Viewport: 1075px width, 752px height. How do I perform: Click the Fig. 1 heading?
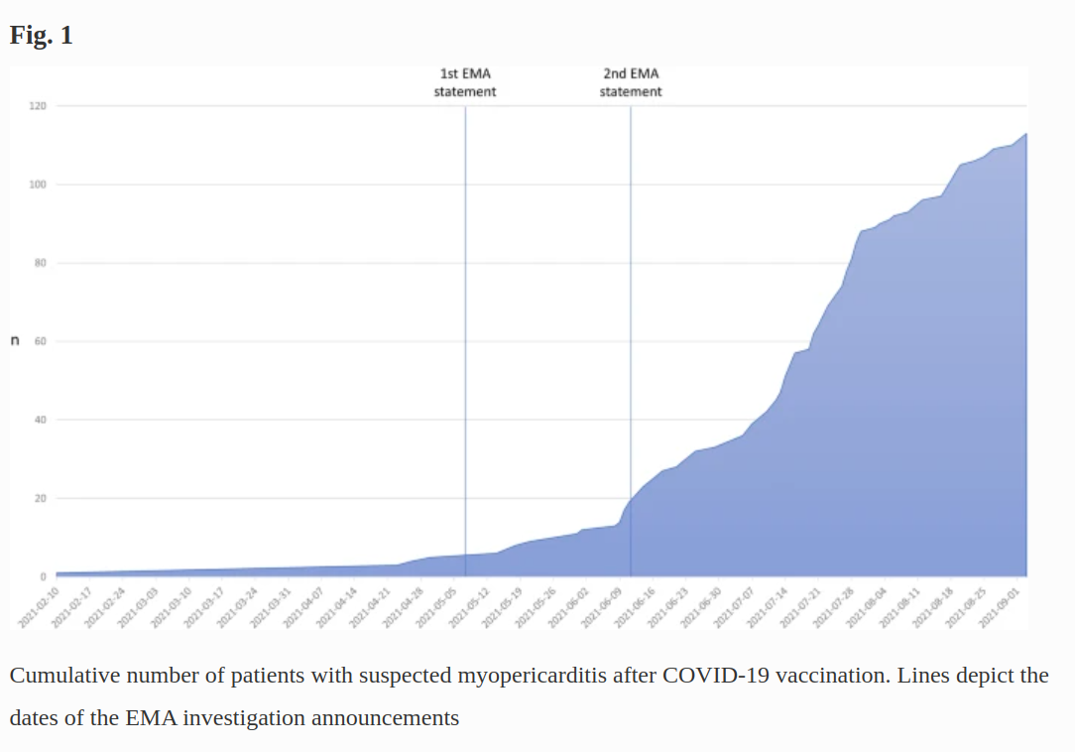tap(41, 36)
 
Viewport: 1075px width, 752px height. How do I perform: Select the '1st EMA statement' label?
tap(465, 82)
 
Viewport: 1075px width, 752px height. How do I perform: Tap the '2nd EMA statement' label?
tap(631, 82)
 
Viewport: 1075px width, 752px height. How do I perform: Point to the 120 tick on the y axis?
tap(37, 106)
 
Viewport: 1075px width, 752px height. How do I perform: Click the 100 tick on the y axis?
tap(37, 185)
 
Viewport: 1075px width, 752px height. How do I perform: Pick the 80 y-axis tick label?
tap(40, 263)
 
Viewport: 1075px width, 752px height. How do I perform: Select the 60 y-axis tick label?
tap(40, 341)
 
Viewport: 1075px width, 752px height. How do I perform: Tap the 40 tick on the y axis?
tap(40, 420)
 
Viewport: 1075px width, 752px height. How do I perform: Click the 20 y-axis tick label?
tap(40, 498)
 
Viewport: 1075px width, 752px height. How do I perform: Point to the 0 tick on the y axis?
tap(43, 576)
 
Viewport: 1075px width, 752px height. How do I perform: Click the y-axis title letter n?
tap(15, 341)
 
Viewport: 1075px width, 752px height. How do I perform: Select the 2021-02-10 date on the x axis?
tap(39, 606)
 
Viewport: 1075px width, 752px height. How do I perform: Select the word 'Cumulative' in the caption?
tap(64, 677)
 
